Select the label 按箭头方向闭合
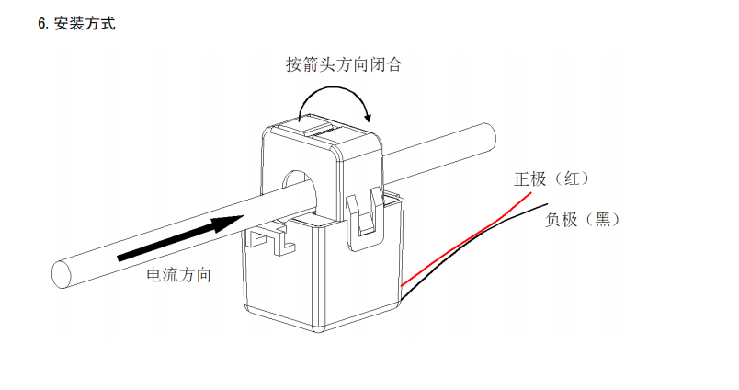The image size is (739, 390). click(x=343, y=65)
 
